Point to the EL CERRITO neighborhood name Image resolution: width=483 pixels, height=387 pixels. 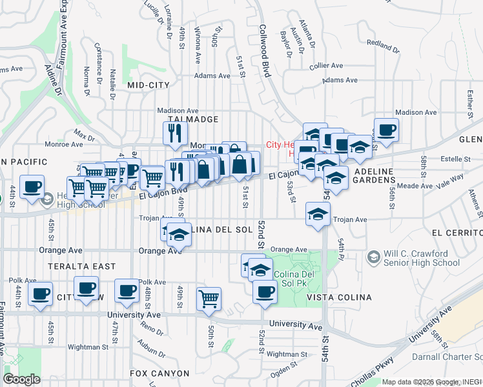point(455,233)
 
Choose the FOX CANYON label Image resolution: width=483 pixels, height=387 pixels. point(159,373)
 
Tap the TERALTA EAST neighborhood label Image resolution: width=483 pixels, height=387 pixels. point(81,266)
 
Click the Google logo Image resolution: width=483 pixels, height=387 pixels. point(22,379)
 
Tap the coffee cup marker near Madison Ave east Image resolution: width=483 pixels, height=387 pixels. point(386,130)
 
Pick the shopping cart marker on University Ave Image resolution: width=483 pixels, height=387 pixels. point(209,299)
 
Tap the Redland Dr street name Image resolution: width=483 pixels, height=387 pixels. point(379,46)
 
